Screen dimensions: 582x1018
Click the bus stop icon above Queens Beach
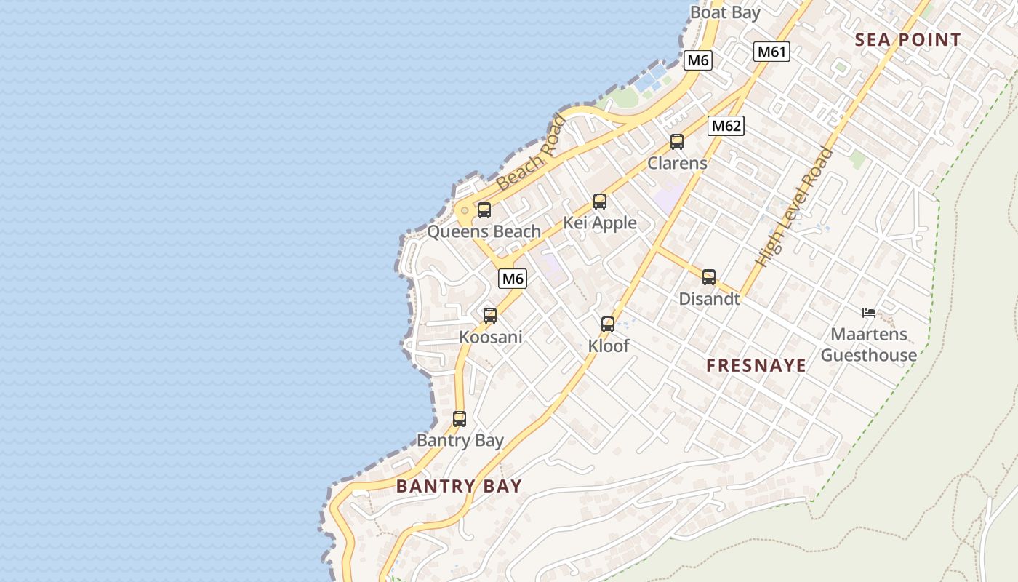click(x=484, y=210)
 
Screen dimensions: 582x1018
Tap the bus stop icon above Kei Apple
click(x=600, y=202)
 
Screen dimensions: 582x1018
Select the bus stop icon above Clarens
click(x=677, y=142)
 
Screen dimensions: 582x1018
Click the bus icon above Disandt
click(x=709, y=277)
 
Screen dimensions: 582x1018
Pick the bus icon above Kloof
click(x=608, y=324)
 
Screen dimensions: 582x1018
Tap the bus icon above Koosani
click(x=490, y=316)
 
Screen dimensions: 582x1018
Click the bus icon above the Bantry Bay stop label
click(x=460, y=419)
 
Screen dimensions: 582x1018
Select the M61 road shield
click(x=771, y=52)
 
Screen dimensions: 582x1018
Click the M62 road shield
click(x=726, y=126)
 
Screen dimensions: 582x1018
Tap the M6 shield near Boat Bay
click(x=697, y=60)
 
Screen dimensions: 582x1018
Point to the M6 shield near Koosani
click(x=513, y=279)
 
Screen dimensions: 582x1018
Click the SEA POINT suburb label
click(x=907, y=40)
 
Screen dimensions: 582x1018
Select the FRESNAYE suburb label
click(x=756, y=365)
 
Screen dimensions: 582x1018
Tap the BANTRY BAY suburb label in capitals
click(x=459, y=486)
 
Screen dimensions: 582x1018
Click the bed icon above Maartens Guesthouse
click(x=869, y=313)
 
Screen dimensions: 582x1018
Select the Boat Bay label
click(x=725, y=12)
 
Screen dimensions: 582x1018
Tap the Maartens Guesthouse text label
click(x=869, y=345)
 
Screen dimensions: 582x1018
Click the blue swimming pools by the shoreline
click(x=651, y=77)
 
